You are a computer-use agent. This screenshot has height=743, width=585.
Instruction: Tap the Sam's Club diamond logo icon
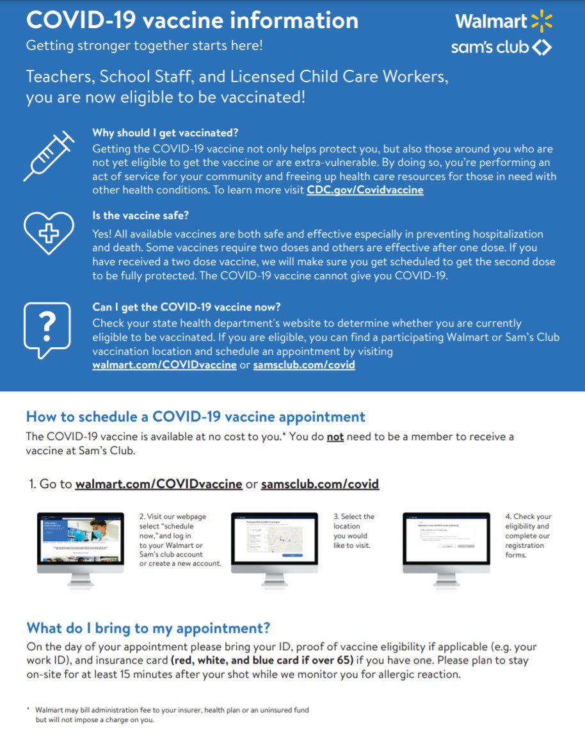[x=541, y=47]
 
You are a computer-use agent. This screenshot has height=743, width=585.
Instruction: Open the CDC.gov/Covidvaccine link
[x=365, y=190]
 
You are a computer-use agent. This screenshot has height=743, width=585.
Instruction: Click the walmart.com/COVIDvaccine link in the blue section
[x=164, y=365]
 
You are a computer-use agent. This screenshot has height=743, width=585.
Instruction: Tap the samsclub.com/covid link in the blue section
[x=304, y=365]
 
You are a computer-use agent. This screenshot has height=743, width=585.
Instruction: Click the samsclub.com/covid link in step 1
[x=320, y=484]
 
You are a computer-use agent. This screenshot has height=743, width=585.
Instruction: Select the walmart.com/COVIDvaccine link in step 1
[x=159, y=484]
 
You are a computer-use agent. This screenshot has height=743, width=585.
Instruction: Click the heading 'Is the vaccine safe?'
[x=140, y=215]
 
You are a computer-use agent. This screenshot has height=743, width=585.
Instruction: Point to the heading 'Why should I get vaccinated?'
[x=165, y=133]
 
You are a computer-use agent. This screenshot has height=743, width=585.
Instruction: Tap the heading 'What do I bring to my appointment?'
[x=148, y=627]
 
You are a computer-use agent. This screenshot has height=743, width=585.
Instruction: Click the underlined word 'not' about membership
[x=335, y=437]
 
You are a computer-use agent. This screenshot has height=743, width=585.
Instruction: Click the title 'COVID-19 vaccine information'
[x=192, y=20]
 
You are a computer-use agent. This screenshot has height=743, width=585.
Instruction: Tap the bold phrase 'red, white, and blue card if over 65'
[x=262, y=660]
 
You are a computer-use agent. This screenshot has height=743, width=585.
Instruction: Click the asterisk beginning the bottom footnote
[x=28, y=709]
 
